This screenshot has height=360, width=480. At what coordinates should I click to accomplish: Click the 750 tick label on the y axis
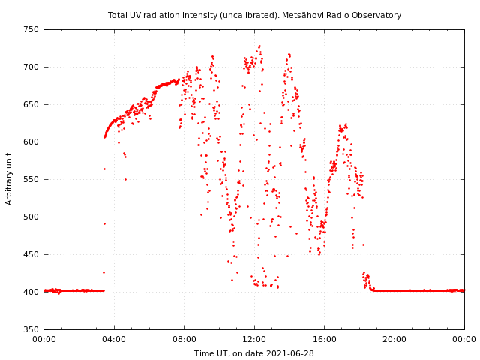[31, 30]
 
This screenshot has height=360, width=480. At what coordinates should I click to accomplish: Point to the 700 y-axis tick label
[31, 67]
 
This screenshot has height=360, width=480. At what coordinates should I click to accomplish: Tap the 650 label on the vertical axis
[31, 105]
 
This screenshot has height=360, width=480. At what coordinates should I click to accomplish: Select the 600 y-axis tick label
[31, 142]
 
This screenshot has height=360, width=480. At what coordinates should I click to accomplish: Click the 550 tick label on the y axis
[31, 180]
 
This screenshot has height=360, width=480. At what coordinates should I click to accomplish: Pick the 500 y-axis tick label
[31, 217]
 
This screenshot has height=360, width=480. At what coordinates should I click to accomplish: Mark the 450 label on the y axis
[31, 255]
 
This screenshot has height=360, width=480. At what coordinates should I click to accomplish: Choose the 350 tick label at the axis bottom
[31, 329]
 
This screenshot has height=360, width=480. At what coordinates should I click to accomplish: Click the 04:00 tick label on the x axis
[114, 340]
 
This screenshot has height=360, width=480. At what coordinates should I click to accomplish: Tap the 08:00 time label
[184, 340]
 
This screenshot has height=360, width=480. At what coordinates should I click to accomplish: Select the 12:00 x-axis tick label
[254, 340]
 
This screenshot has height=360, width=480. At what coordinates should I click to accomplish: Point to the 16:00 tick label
[325, 340]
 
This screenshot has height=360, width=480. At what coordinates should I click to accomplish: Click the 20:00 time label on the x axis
[394, 340]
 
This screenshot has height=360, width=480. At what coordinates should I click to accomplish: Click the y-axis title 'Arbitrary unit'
[9, 178]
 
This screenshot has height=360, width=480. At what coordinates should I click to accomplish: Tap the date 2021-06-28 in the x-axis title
[291, 353]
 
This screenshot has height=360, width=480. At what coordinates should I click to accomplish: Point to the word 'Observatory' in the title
[379, 15]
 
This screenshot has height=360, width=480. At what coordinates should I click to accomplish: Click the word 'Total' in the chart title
[118, 15]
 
